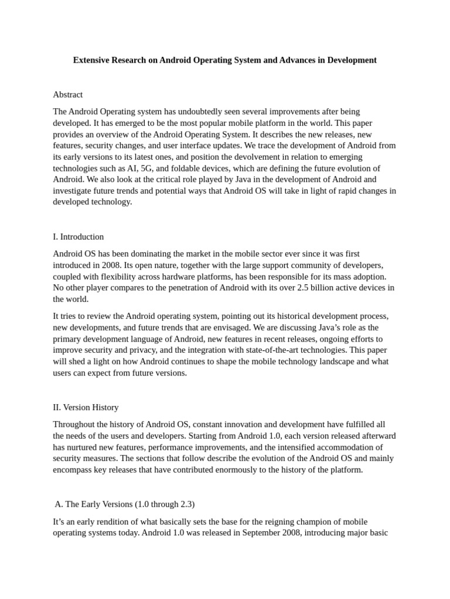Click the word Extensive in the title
click(92, 60)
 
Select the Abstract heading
click(68, 94)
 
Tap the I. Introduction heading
click(79, 237)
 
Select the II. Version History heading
click(86, 407)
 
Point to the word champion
click(306, 521)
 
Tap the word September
click(249, 533)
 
